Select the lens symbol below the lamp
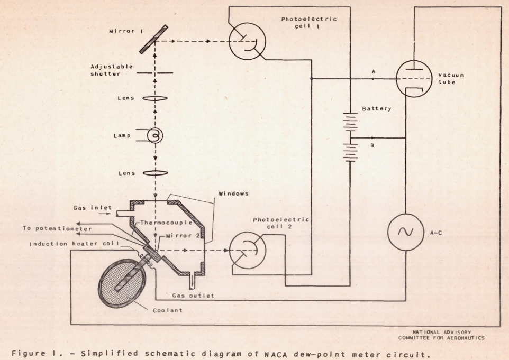pyautogui.click(x=154, y=172)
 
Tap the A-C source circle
pyautogui.click(x=405, y=233)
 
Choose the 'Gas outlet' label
pyautogui.click(x=194, y=296)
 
